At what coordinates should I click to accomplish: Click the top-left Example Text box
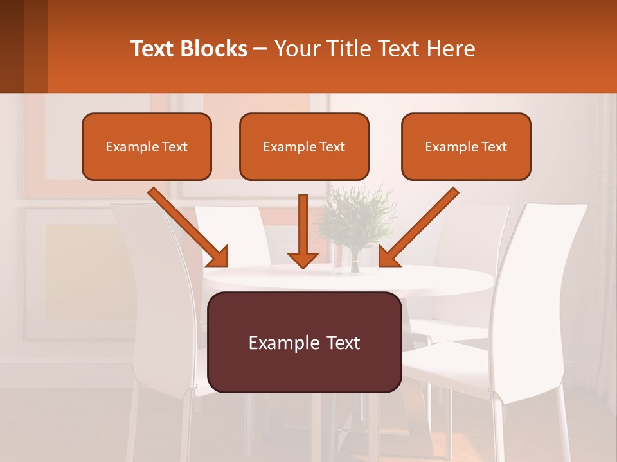tap(147, 147)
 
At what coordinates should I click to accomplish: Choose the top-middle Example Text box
tap(304, 147)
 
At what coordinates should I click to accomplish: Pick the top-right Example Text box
tap(466, 147)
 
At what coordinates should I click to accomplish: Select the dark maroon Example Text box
tap(305, 343)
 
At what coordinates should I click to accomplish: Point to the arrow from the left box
tap(190, 228)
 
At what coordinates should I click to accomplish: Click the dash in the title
tap(260, 49)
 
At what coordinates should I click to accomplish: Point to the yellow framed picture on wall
tap(77, 269)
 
